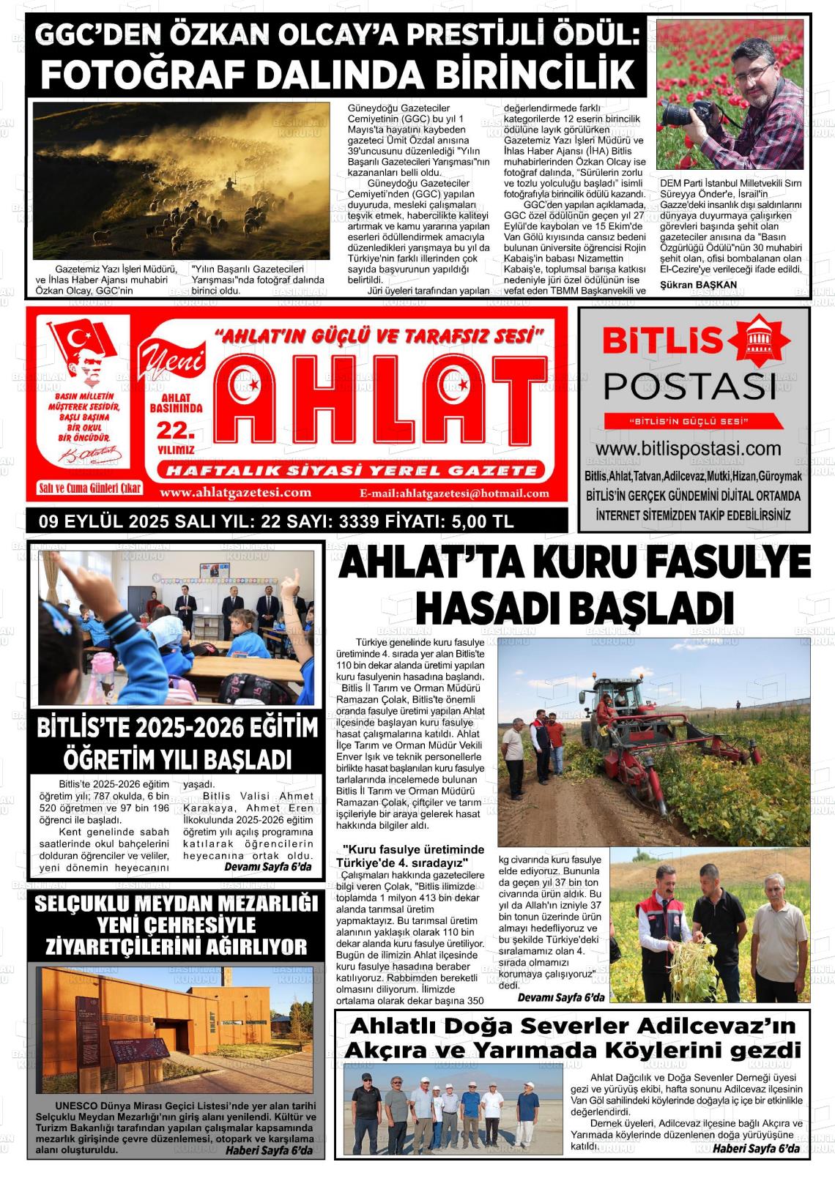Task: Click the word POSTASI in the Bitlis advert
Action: pos(689,385)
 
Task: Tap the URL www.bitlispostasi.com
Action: pos(688,448)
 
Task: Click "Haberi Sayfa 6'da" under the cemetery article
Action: pos(269,1150)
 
